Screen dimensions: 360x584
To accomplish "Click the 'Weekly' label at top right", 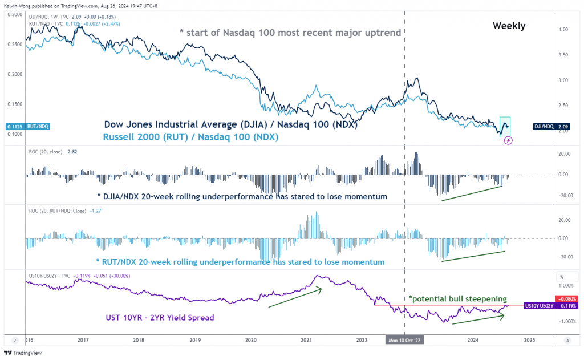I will (509, 26).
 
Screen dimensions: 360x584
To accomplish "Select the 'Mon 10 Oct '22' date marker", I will (404, 339).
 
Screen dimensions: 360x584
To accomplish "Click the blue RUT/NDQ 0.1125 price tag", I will (20, 127).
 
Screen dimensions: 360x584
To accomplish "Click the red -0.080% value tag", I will (567, 299).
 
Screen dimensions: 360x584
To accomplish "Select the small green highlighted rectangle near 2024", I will (505, 127).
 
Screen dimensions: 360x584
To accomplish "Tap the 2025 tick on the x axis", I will (529, 339).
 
